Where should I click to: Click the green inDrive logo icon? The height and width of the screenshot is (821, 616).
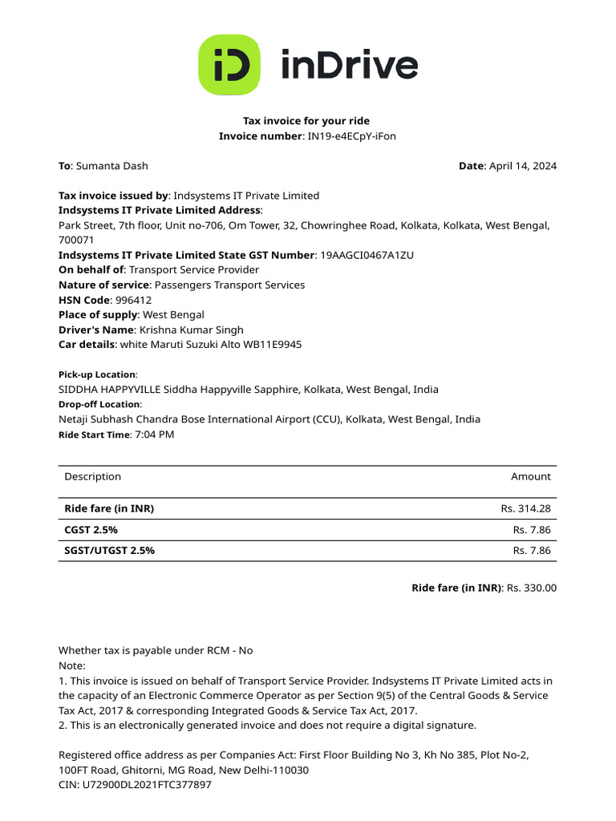click(x=229, y=65)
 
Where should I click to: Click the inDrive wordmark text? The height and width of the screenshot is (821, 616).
click(x=349, y=65)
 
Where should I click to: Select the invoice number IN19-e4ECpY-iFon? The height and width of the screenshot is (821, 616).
click(x=352, y=136)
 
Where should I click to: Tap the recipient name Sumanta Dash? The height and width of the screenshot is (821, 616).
click(x=111, y=166)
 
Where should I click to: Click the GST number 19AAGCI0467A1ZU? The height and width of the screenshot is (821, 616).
click(x=367, y=255)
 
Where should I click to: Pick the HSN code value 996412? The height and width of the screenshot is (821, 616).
click(x=133, y=300)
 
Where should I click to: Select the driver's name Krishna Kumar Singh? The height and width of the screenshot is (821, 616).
click(x=191, y=330)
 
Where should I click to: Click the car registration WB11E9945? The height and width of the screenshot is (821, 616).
click(x=274, y=345)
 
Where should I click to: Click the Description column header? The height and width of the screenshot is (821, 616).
click(x=93, y=476)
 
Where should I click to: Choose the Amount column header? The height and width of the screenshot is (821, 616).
click(x=531, y=476)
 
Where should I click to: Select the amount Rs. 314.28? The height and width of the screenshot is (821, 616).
click(x=526, y=508)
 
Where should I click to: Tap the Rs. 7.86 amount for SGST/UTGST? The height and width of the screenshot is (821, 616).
click(x=532, y=551)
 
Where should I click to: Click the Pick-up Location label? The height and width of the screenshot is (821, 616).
click(x=97, y=374)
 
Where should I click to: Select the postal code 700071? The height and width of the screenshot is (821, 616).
click(x=76, y=240)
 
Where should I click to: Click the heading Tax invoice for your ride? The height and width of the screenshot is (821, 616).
click(x=306, y=121)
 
